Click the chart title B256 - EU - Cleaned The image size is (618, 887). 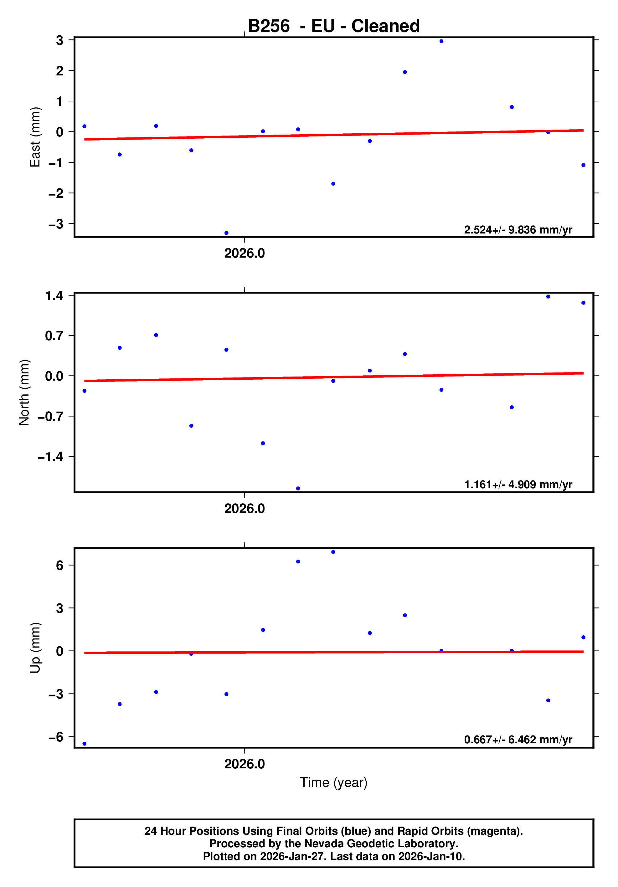click(333, 26)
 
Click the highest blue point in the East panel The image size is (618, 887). click(441, 41)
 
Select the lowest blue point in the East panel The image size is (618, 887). click(226, 233)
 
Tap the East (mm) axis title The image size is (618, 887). click(35, 137)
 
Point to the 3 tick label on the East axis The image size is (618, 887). click(59, 40)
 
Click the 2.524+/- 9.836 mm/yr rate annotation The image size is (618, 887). click(518, 230)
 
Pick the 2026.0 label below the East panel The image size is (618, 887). click(245, 254)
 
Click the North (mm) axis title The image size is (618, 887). click(24, 392)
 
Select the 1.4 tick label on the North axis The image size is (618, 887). click(54, 296)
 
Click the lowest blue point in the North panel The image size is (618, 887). click(298, 488)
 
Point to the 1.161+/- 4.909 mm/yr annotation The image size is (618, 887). click(518, 485)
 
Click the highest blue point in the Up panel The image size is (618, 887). click(333, 552)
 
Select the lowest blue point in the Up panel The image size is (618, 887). click(85, 744)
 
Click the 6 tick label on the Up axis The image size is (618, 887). click(59, 566)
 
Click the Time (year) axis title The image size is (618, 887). click(333, 782)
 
